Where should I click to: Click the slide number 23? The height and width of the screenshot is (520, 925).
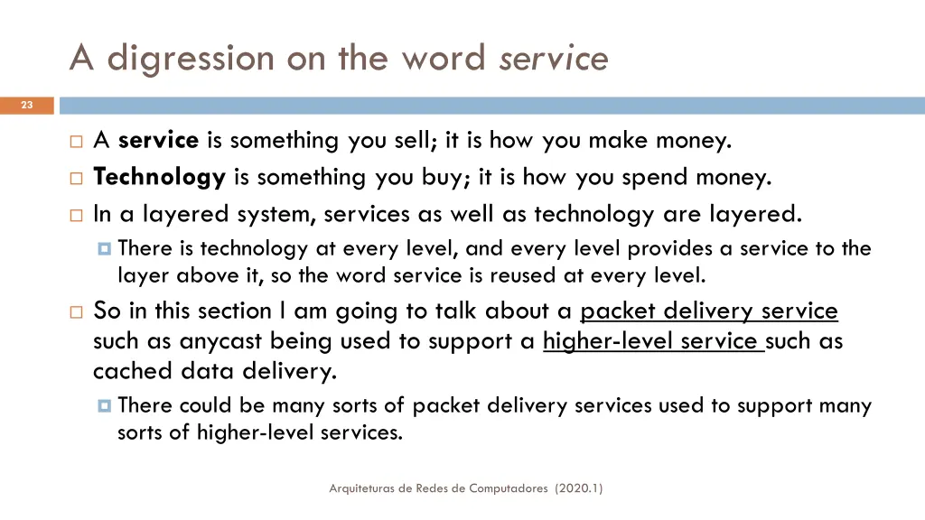click(26, 106)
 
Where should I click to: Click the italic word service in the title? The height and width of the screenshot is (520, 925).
click(554, 59)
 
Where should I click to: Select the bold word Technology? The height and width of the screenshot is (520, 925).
click(159, 177)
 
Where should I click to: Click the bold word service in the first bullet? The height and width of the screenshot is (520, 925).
click(158, 140)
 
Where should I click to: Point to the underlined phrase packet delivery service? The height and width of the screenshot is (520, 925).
click(709, 311)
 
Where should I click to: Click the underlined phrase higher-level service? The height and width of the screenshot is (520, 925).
click(652, 341)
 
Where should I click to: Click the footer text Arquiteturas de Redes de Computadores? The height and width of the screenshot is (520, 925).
click(438, 488)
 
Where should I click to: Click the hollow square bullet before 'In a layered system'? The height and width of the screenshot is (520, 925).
click(75, 215)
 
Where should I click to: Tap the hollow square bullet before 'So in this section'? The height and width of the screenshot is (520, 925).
click(75, 312)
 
